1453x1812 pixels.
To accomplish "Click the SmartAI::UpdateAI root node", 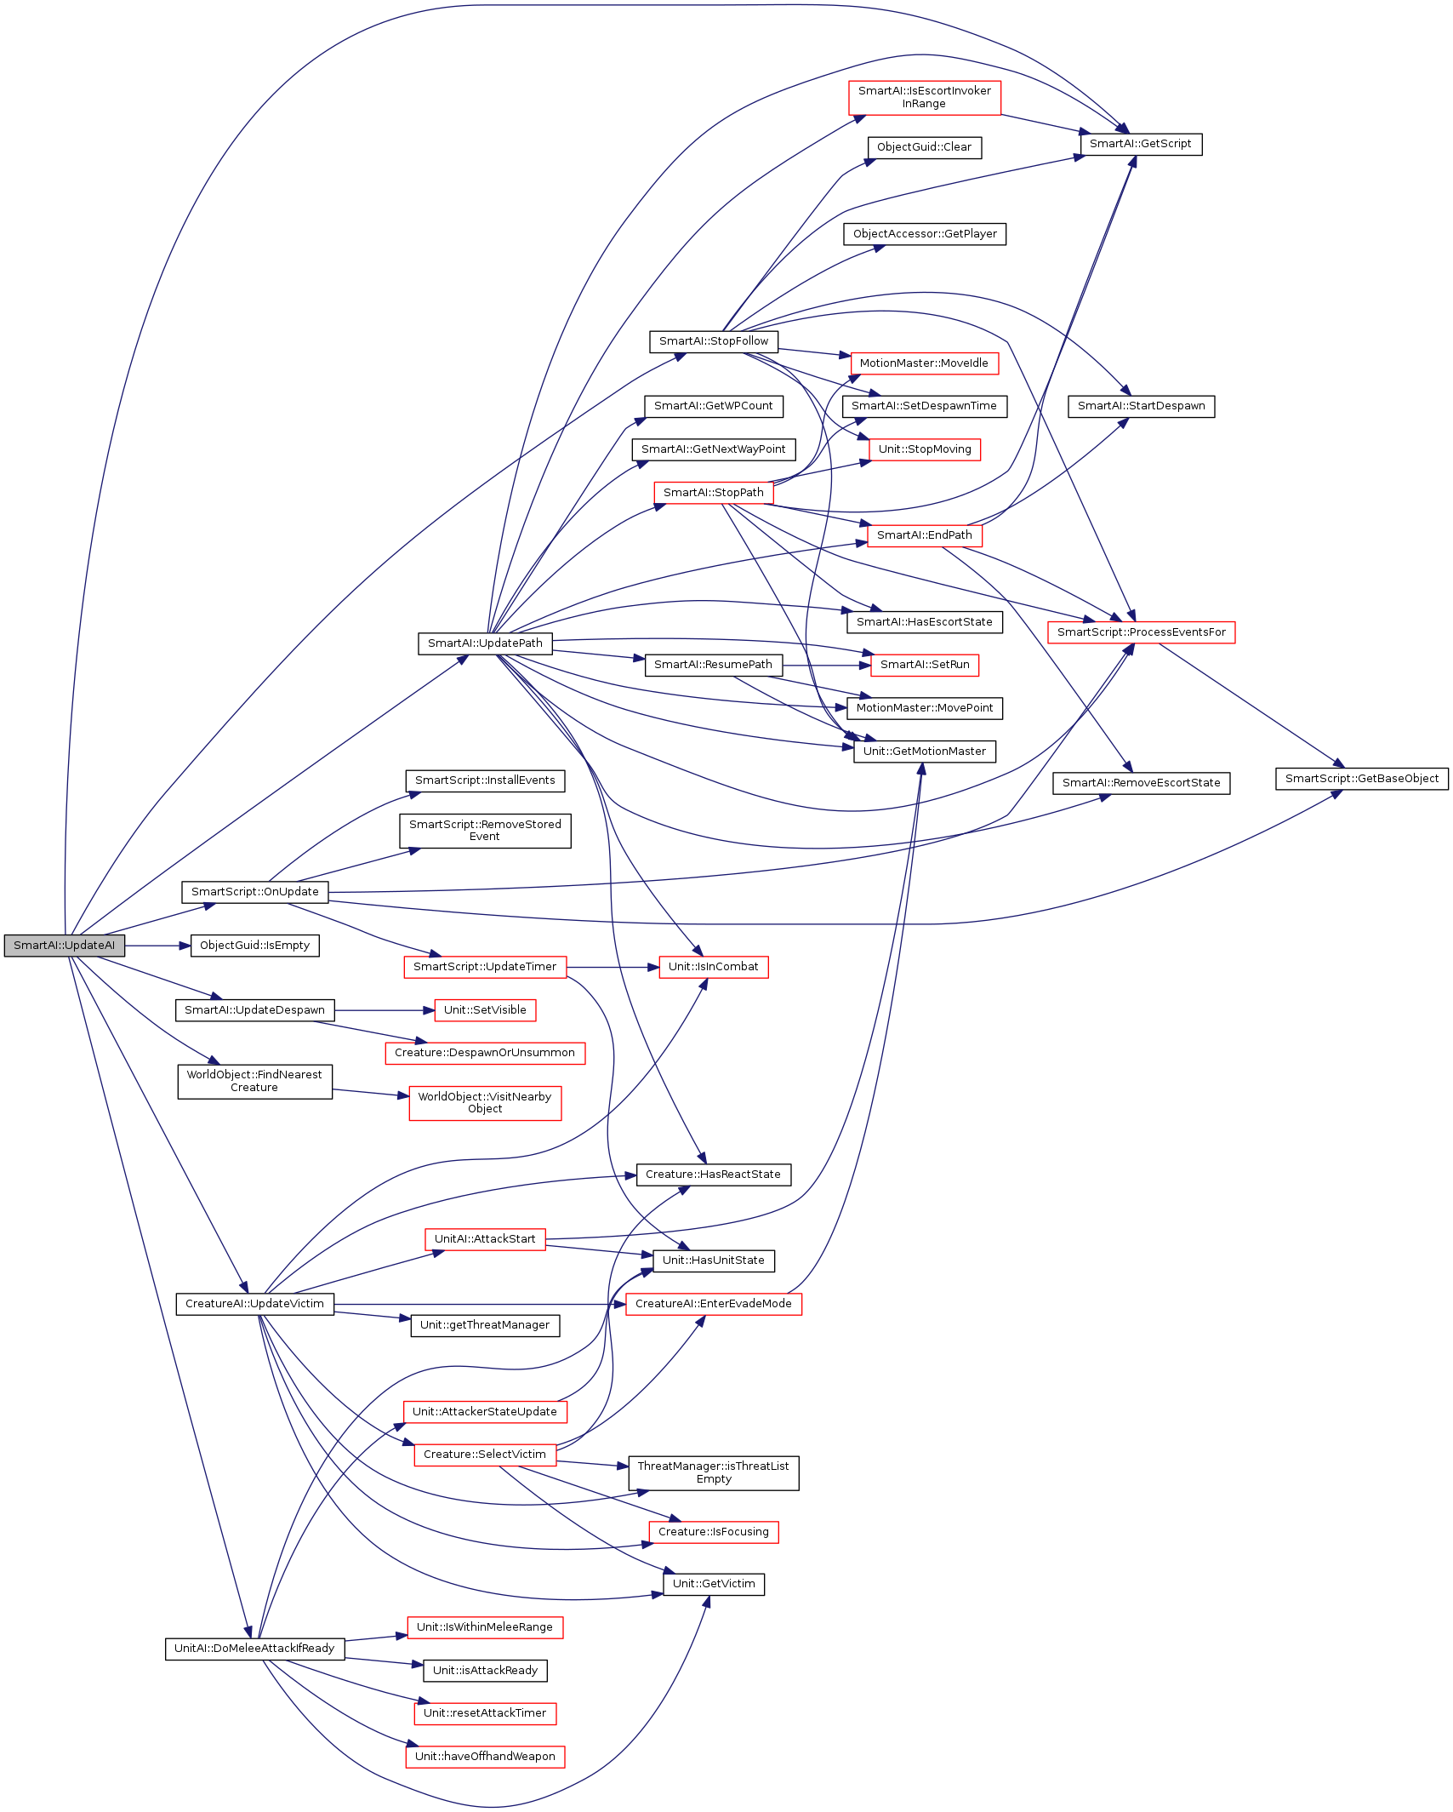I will coord(65,946).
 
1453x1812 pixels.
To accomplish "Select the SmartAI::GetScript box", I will coord(1141,144).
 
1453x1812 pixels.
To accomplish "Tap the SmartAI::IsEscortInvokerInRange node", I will coord(924,97).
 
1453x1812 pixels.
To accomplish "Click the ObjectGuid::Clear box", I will coord(924,147).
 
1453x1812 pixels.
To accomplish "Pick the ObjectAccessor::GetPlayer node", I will coord(925,234).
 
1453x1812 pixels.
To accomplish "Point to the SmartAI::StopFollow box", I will coord(713,341).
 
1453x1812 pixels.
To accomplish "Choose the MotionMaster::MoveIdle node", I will coord(924,363).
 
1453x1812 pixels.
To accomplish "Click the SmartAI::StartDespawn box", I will coord(1141,406).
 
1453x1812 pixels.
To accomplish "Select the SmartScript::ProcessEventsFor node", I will coord(1141,632).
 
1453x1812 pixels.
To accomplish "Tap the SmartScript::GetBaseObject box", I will coord(1361,779).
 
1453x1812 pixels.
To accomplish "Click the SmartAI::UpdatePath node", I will coord(485,643).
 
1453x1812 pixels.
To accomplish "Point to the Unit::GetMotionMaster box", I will coord(924,752).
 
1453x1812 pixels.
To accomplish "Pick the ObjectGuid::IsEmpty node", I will coord(254,946).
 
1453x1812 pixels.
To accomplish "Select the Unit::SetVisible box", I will coord(485,1010).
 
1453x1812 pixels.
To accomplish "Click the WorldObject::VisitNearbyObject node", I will coord(485,1103).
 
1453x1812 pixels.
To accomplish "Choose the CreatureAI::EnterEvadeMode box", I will coord(713,1304).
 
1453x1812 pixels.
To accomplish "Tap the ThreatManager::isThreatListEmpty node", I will coord(713,1472).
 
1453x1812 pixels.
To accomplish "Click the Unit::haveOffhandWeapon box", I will coord(485,1757).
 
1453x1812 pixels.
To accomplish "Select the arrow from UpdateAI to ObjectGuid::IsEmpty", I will coord(157,946).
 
